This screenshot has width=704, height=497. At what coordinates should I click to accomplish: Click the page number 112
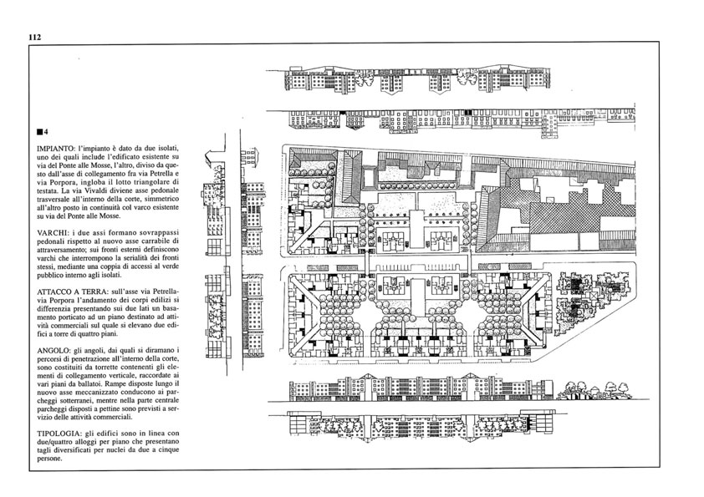click(35, 38)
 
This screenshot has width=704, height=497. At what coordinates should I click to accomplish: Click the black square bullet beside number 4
click(40, 132)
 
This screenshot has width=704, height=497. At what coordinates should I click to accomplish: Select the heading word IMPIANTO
click(54, 148)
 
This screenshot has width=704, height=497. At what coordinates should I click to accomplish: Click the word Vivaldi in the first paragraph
click(115, 190)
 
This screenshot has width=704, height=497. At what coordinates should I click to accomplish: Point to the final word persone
click(49, 459)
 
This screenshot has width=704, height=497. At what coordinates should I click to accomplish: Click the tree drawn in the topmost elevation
click(467, 79)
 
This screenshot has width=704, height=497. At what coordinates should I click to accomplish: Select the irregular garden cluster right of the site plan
click(590, 294)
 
